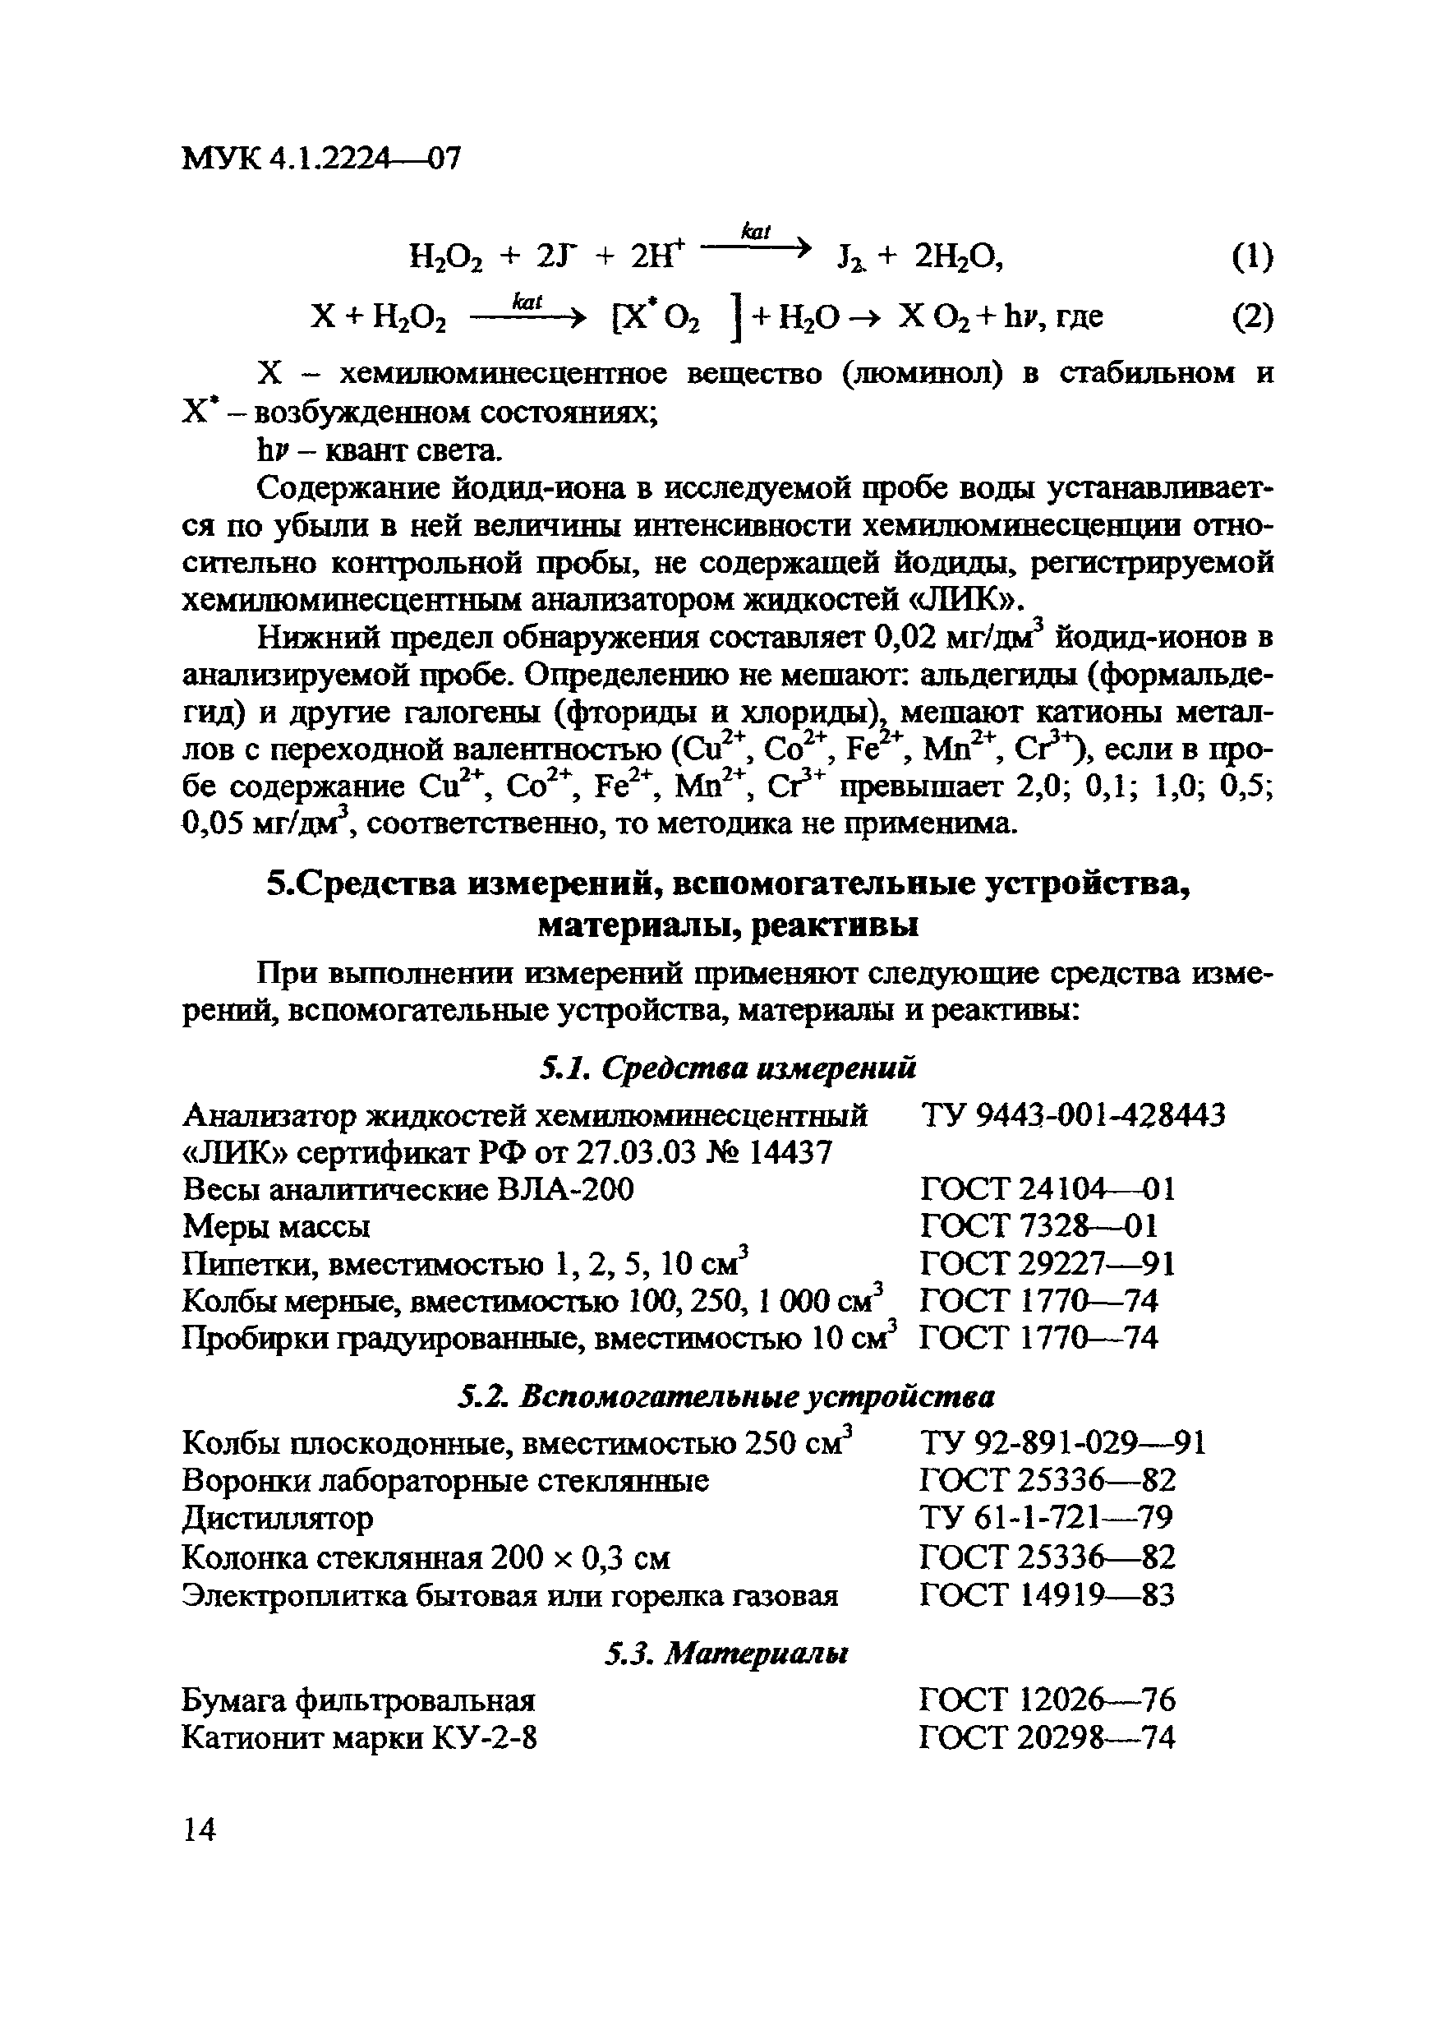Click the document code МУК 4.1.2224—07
click(x=320, y=159)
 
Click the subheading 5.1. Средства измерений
click(x=728, y=1068)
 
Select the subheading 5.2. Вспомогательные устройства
click(x=726, y=1396)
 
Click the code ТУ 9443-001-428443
click(x=1072, y=1115)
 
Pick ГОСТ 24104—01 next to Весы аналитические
click(x=1047, y=1189)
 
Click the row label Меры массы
click(x=276, y=1226)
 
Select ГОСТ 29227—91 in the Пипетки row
click(x=1047, y=1264)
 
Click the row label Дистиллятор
click(x=278, y=1518)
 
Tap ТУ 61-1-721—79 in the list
click(x=1046, y=1518)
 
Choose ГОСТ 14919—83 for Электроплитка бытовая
click(x=1047, y=1594)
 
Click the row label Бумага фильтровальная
click(x=358, y=1700)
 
